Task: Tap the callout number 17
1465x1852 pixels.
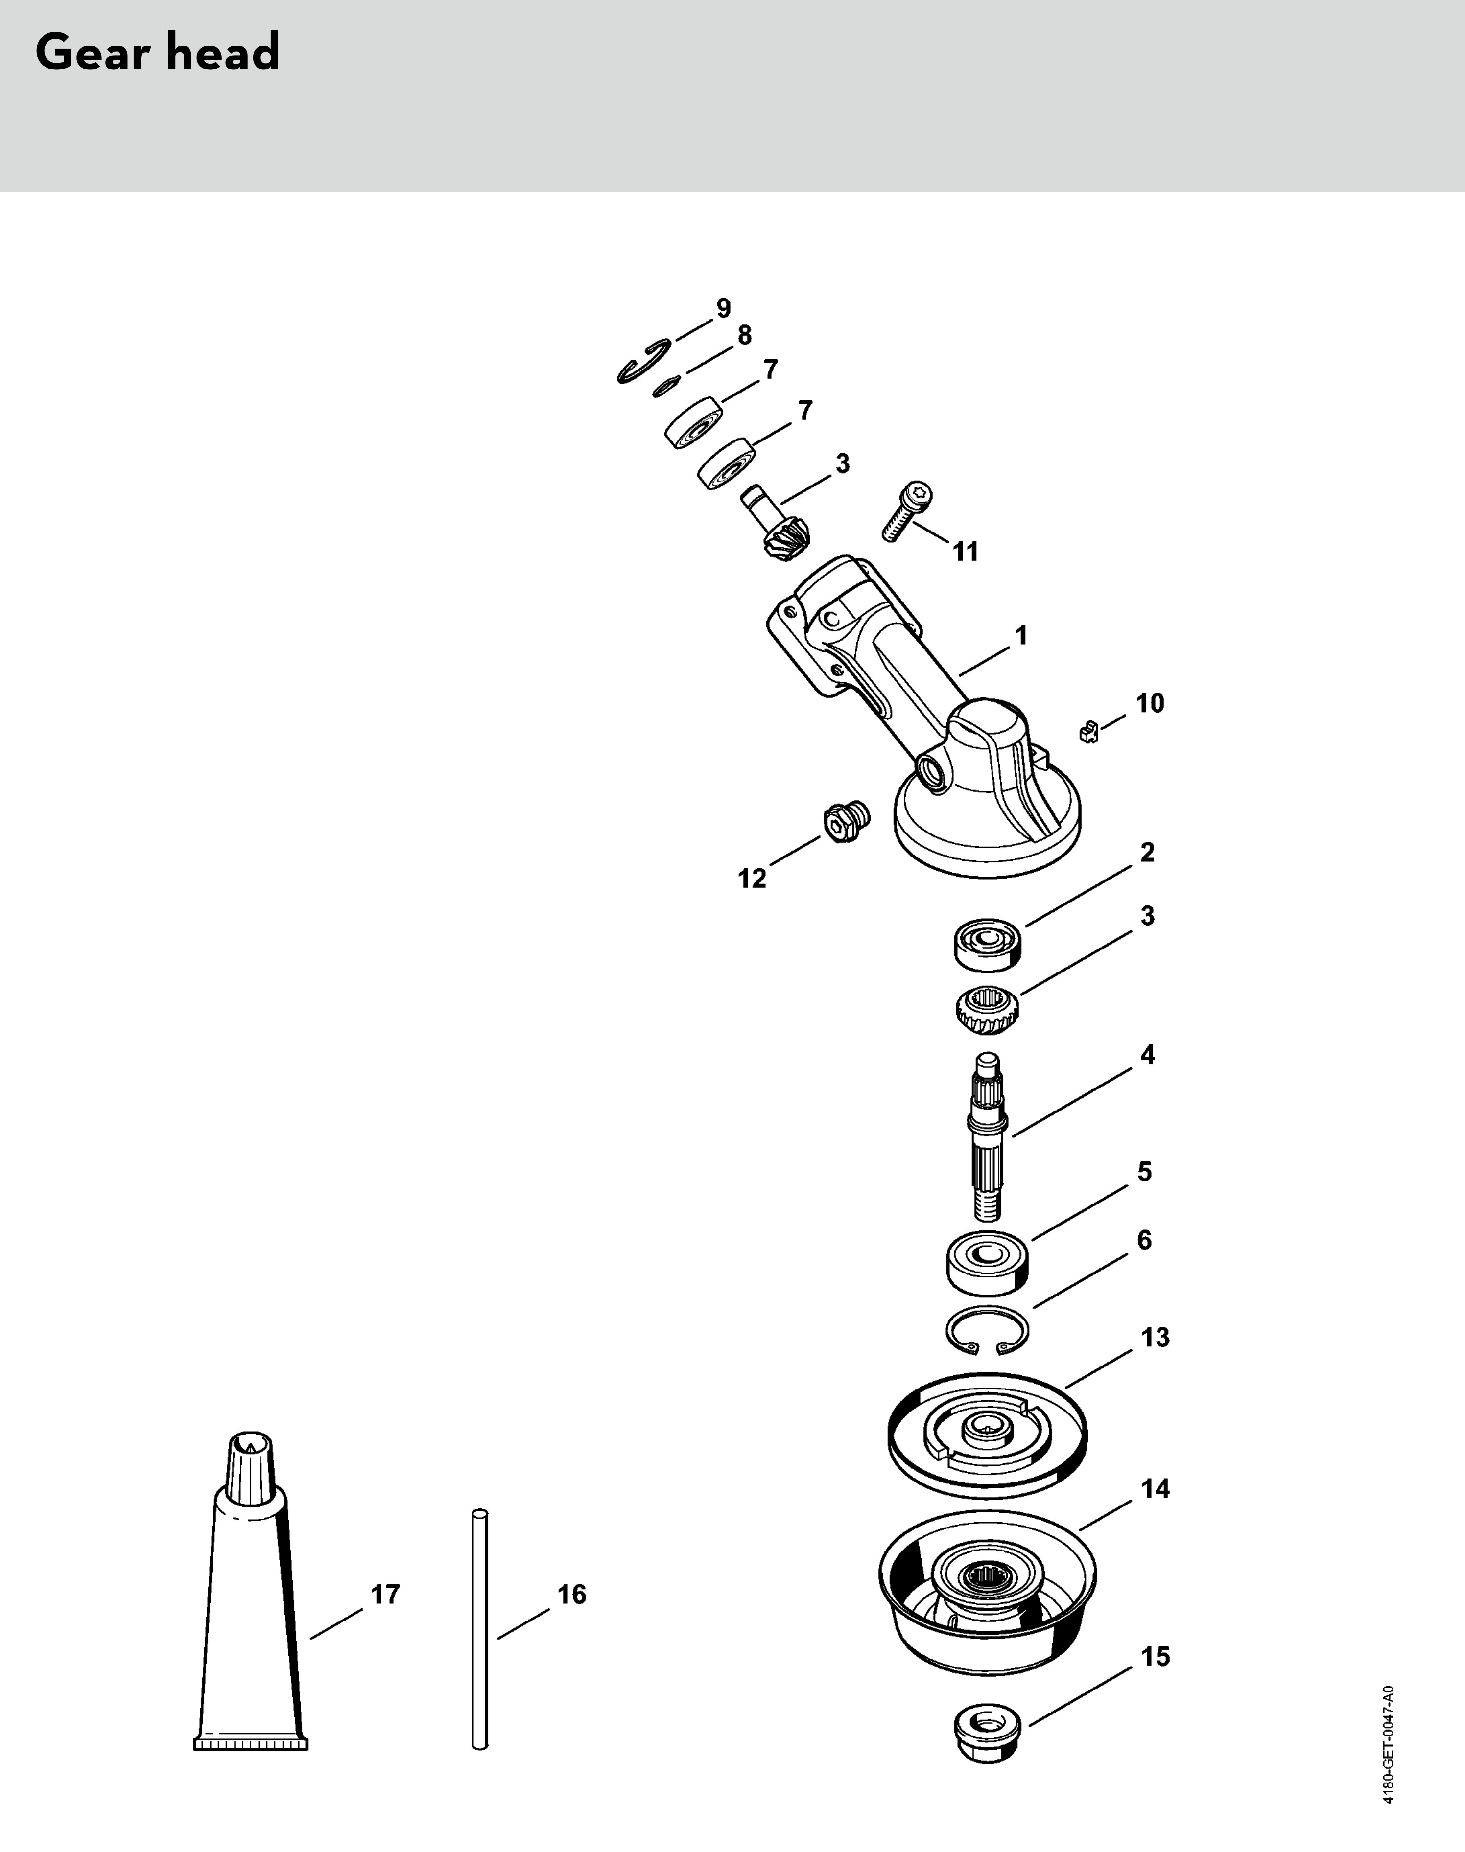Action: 385,1594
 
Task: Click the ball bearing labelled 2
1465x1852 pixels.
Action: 989,943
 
